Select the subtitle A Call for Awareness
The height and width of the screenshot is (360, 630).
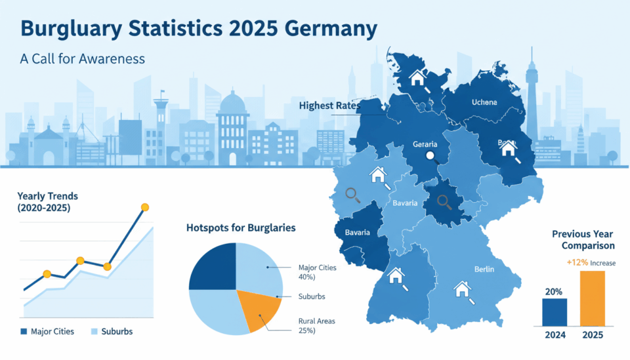(x=82, y=58)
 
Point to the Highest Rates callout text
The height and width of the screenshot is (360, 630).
(x=325, y=105)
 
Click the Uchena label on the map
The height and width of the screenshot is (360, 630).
(x=484, y=102)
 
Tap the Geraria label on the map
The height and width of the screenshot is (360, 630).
(x=425, y=144)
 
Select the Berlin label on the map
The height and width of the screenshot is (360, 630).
(x=484, y=269)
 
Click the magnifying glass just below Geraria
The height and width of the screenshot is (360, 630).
(x=430, y=156)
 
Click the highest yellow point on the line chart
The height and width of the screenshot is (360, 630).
(x=145, y=207)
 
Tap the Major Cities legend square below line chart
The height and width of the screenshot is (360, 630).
(x=25, y=331)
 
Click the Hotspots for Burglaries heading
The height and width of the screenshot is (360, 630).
(x=241, y=228)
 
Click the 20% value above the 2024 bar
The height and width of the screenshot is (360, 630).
(x=554, y=290)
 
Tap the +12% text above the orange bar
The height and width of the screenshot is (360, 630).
(x=577, y=263)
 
